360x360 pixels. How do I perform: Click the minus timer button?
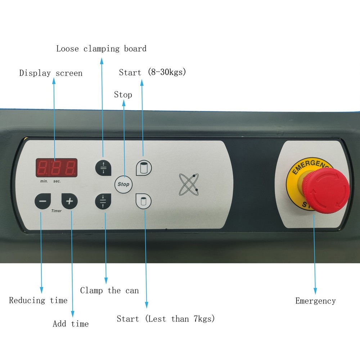pos(43,201)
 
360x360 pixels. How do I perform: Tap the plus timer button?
pos(69,201)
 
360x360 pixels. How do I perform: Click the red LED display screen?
pos(57,168)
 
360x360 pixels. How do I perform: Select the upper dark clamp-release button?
pos(103,168)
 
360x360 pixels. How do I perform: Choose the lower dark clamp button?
pos(103,201)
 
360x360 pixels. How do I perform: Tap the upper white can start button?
pos(144,168)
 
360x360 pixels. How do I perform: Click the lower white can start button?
pos(144,201)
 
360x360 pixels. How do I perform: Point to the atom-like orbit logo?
pos(189,184)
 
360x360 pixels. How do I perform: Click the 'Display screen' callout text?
pos(51,73)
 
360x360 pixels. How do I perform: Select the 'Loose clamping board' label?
pos(101,49)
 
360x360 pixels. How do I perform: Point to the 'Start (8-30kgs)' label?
pos(152,72)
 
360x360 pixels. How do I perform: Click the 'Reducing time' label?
pos(38,300)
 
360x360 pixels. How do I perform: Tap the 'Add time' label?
pos(71,324)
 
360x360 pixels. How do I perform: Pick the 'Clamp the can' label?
pos(109,291)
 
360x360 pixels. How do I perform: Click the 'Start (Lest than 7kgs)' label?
pos(166,319)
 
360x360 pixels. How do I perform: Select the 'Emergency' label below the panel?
pos(315,301)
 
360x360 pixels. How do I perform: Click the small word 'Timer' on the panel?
pos(57,211)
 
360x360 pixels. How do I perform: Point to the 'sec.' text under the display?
pos(57,181)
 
